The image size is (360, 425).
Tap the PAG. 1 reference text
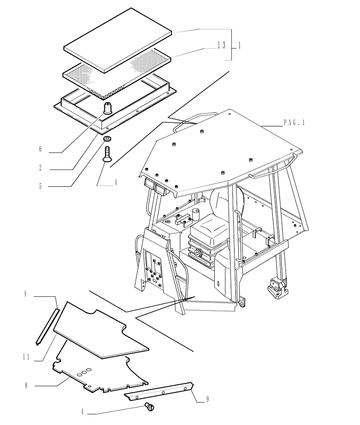(x=294, y=123)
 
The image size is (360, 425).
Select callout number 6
(x=40, y=149)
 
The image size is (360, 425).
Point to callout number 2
(x=40, y=167)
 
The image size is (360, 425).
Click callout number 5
(x=40, y=186)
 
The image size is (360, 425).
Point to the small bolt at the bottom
(x=149, y=406)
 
